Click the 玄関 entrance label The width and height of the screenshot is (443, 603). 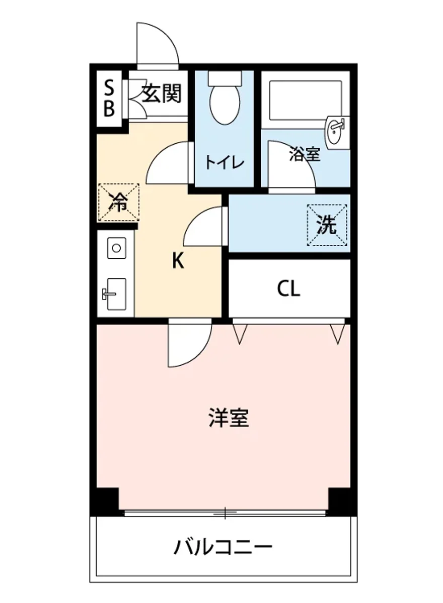pyautogui.click(x=161, y=93)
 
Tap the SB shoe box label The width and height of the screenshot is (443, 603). pyautogui.click(x=109, y=99)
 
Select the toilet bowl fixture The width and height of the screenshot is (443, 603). pyautogui.click(x=224, y=103)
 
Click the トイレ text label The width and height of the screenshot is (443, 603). pyautogui.click(x=224, y=162)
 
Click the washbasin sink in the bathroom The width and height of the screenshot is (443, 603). pyautogui.click(x=336, y=132)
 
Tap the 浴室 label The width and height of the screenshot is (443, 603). pyautogui.click(x=305, y=155)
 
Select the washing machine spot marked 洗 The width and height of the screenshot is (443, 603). pyautogui.click(x=327, y=225)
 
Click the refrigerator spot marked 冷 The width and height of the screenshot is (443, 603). pyautogui.click(x=118, y=202)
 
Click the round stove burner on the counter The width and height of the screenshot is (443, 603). pyautogui.click(x=116, y=248)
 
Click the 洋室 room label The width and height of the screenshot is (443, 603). pyautogui.click(x=229, y=418)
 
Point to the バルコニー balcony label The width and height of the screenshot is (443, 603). pyautogui.click(x=224, y=546)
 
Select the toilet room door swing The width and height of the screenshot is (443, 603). pyautogui.click(x=170, y=163)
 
